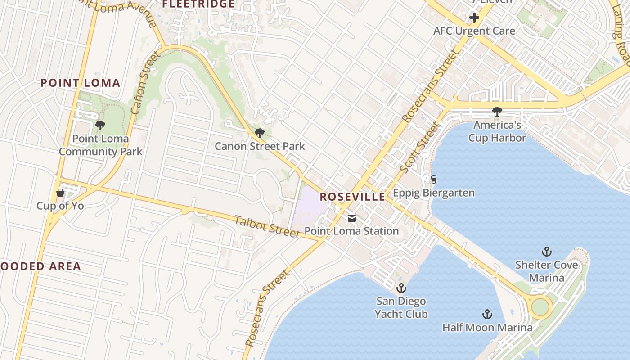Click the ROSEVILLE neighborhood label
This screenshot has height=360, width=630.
pos(352,197)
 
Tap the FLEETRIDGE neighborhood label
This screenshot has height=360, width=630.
pos(198,4)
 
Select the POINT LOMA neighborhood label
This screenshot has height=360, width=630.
pos(81,83)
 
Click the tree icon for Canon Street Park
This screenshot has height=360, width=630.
pos(259,133)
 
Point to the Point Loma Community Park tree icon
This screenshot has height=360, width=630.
pos(100,125)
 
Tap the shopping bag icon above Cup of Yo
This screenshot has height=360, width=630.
pos(60,193)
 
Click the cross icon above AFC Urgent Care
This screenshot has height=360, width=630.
pos(474,18)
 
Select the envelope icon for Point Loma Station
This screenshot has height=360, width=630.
pos(351,218)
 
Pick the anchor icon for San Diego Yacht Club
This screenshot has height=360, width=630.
pos(400,288)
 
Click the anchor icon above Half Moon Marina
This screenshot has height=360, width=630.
pos(487,314)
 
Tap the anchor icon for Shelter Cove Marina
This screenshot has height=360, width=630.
pos(547,252)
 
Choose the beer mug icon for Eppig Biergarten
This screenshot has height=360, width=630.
pos(433,180)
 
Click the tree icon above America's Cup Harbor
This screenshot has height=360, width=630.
pos(497,111)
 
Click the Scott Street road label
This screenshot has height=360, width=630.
pos(419,148)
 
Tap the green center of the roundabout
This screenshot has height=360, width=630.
pos(540,307)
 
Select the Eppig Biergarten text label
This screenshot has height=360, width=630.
pos(434,193)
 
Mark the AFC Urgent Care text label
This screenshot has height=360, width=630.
pos(474,31)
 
